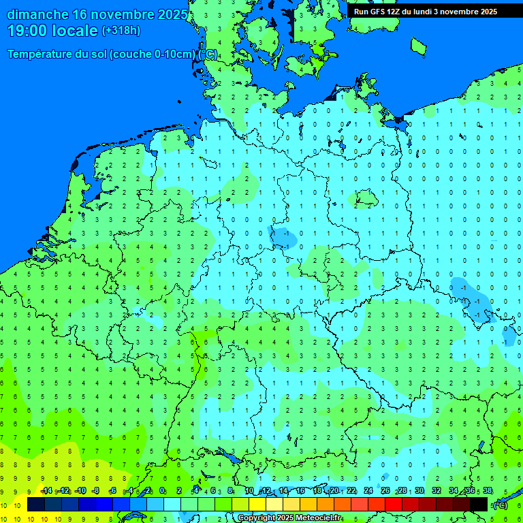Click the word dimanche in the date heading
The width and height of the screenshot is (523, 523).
(x=37, y=14)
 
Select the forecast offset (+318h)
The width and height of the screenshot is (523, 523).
(x=121, y=31)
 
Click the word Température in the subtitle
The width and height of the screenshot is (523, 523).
(x=42, y=54)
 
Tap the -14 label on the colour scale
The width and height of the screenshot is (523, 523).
(x=46, y=490)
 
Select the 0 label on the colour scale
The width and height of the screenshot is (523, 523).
(x=162, y=490)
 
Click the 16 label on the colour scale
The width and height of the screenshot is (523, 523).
(x=300, y=490)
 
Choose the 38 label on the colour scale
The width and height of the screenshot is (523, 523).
(x=488, y=490)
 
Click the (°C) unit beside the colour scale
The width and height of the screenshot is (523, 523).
(x=500, y=505)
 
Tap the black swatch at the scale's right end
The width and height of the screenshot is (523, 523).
(x=479, y=504)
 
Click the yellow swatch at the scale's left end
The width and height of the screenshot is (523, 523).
(x=19, y=504)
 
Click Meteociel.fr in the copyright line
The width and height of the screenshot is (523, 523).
(x=317, y=518)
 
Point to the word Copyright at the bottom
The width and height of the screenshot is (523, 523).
(x=256, y=518)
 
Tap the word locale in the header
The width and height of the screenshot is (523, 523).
(x=76, y=31)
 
